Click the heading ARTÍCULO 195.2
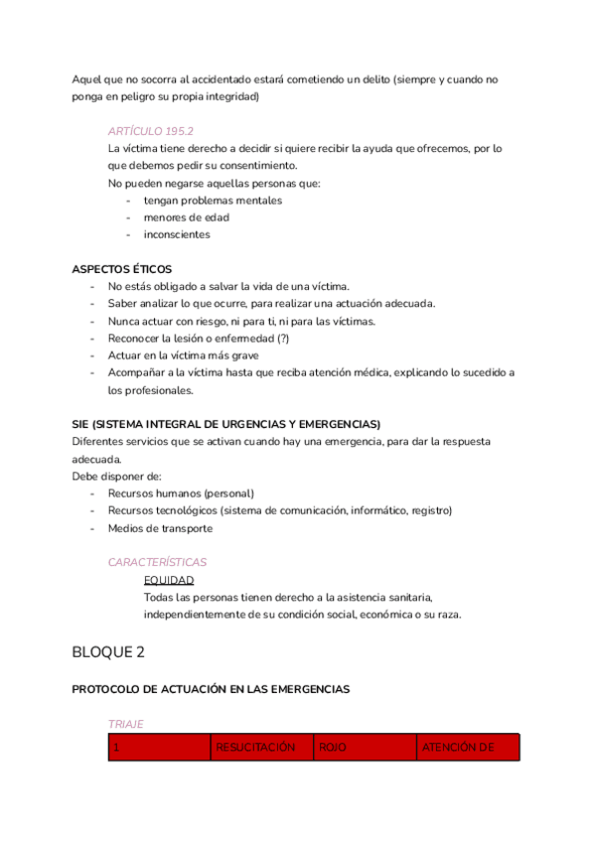150,131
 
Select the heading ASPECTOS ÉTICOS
121,269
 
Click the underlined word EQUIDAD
169,580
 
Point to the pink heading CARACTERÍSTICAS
157,562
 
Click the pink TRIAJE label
126,725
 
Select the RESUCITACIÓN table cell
255,748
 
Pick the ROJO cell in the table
332,748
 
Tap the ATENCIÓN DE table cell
457,748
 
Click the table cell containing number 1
116,748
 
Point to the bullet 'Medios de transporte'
160,528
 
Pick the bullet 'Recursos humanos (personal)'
181,493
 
